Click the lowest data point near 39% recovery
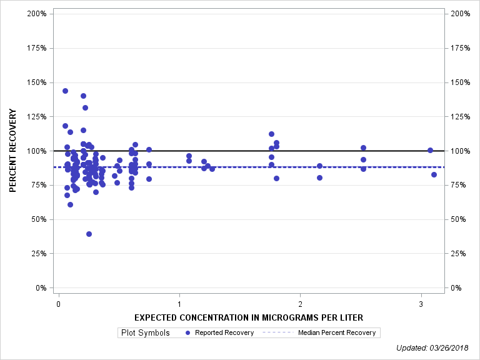click(x=89, y=234)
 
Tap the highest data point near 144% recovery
click(x=65, y=91)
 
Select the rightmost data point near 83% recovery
click(x=434, y=174)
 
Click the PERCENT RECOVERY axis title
click(x=12, y=151)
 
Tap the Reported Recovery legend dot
click(x=187, y=332)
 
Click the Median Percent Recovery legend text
click(x=337, y=332)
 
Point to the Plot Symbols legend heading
click(x=144, y=332)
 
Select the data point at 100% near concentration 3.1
click(x=430, y=150)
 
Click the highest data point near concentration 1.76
click(x=271, y=134)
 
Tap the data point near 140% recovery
click(x=83, y=96)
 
